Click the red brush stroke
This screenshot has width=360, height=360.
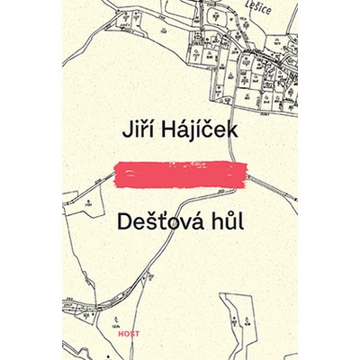180,172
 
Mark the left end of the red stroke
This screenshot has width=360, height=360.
118,173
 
